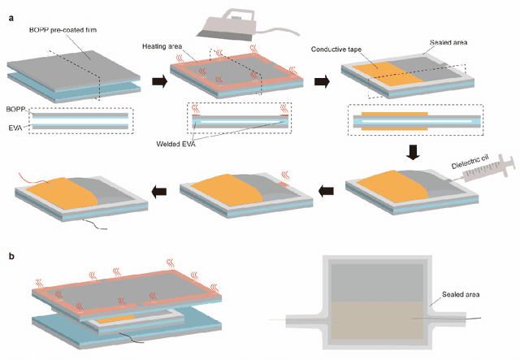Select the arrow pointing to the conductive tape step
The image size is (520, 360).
point(323,80)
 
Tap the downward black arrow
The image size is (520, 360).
point(414,151)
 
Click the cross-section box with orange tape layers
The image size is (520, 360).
point(414,123)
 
